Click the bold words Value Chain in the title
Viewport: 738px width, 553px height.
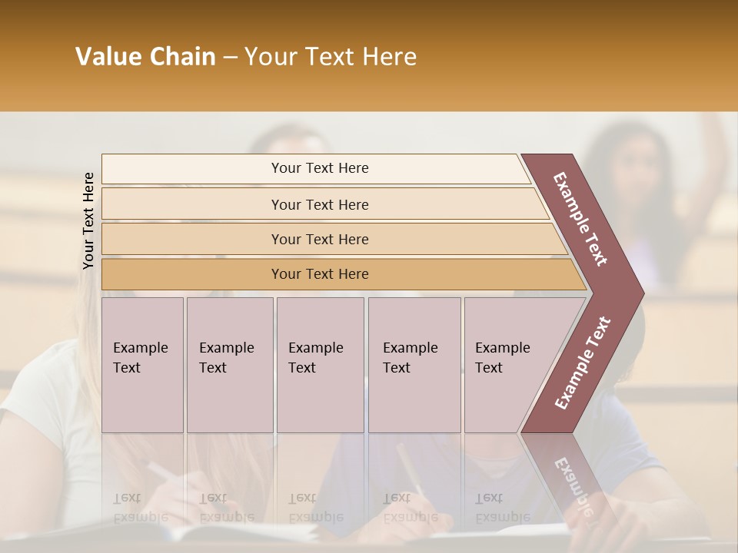pos(145,57)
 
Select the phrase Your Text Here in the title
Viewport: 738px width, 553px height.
pos(331,57)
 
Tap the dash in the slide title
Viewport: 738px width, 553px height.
pos(230,58)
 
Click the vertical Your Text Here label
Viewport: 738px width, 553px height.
pos(88,220)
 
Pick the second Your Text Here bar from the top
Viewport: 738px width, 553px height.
pos(320,204)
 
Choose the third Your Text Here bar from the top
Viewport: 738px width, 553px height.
pos(320,239)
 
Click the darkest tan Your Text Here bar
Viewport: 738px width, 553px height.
pos(320,274)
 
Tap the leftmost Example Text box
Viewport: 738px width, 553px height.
pos(142,364)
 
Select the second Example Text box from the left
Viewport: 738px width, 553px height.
pos(229,364)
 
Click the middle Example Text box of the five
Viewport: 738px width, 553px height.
pos(320,364)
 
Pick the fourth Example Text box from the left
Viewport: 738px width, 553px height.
pos(414,364)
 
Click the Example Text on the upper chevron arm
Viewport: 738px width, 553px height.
pos(580,218)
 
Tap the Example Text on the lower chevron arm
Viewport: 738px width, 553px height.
pos(583,363)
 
